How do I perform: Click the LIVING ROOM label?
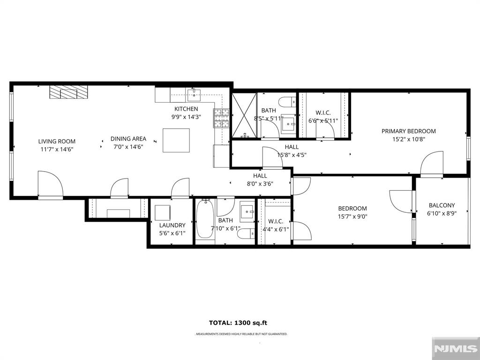click(x=57, y=142)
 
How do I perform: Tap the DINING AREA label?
click(x=128, y=139)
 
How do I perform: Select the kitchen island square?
click(x=176, y=141)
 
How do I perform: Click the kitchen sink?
click(x=194, y=95)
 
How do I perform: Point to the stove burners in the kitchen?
click(x=221, y=118)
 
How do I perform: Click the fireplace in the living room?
click(x=68, y=92)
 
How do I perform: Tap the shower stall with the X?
click(x=244, y=115)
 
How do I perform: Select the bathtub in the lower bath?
click(x=205, y=218)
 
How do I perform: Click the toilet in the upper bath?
click(x=288, y=101)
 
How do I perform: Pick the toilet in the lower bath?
click(x=246, y=233)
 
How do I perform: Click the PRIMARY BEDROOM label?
click(x=409, y=131)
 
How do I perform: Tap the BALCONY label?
click(x=442, y=205)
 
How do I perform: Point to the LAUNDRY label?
click(x=172, y=225)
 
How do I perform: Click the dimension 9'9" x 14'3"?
click(x=186, y=117)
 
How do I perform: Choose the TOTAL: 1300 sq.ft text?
click(x=238, y=322)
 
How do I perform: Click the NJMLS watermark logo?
click(x=456, y=348)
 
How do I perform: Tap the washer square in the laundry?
click(x=163, y=213)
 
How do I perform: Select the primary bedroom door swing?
click(x=432, y=164)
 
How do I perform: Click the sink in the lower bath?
click(x=247, y=211)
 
